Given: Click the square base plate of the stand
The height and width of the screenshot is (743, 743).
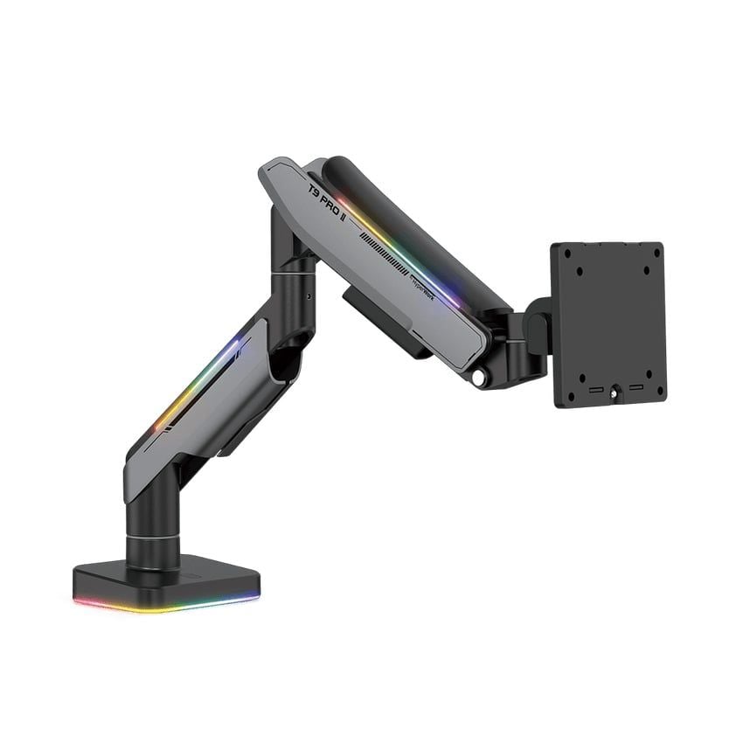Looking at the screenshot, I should [x=166, y=579].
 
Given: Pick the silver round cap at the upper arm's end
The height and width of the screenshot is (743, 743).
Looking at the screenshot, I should [x=478, y=378].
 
